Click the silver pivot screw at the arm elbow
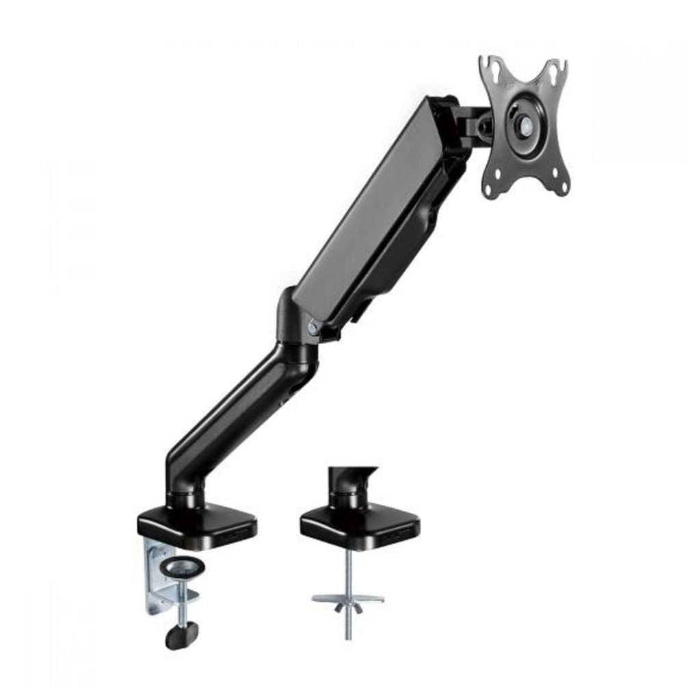tap(313, 328)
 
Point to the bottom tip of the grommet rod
tap(349, 637)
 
